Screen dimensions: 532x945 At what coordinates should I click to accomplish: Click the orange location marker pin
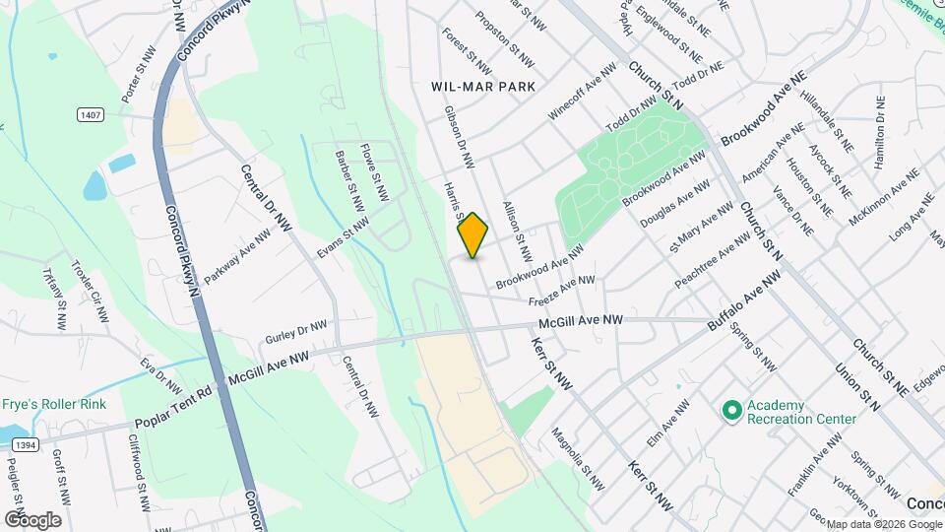click(x=473, y=235)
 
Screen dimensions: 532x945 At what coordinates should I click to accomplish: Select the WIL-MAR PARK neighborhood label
click(x=483, y=87)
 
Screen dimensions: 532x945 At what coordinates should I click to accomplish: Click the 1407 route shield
click(x=90, y=115)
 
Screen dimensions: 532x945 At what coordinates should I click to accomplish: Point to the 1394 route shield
click(x=20, y=446)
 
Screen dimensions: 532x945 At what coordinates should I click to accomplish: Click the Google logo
click(x=32, y=519)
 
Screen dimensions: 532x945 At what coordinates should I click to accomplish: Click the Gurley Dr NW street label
click(x=296, y=332)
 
